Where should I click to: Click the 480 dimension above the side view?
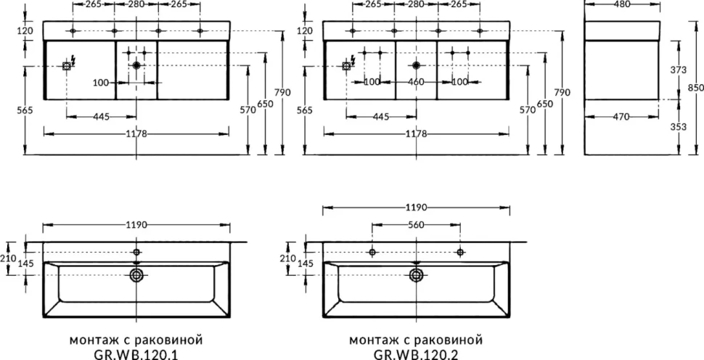pyautogui.click(x=623, y=4)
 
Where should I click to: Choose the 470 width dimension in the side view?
pyautogui.click(x=623, y=117)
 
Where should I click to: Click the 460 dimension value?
pyautogui.click(x=416, y=82)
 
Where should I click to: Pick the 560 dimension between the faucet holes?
pyautogui.click(x=416, y=225)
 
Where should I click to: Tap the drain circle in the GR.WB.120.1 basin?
pyautogui.click(x=136, y=275)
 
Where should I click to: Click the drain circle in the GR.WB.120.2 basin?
pyautogui.click(x=416, y=275)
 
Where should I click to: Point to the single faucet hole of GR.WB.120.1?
pyautogui.click(x=136, y=253)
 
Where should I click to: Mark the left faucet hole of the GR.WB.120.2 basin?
pyautogui.click(x=372, y=253)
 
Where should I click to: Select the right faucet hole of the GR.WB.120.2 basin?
pyautogui.click(x=459, y=253)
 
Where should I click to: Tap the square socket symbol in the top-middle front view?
pyautogui.click(x=346, y=67)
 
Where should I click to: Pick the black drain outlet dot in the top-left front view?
pyautogui.click(x=136, y=65)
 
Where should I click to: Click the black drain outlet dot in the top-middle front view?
pyautogui.click(x=416, y=65)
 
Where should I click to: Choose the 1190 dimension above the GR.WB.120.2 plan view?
pyautogui.click(x=416, y=208)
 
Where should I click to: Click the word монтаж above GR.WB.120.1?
pyautogui.click(x=90, y=340)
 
